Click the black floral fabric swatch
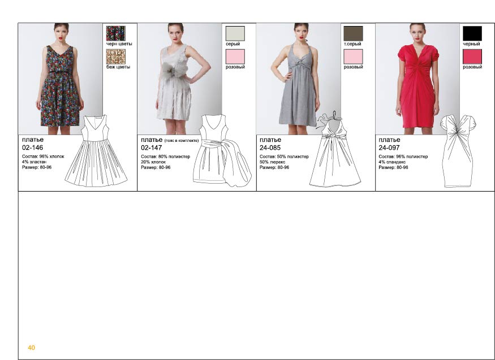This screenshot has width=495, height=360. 115,33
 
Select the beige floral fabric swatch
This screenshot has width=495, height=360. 115,57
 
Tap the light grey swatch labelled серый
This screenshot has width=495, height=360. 235,33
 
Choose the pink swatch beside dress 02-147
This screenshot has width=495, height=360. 235,57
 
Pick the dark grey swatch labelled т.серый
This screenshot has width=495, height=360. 353,33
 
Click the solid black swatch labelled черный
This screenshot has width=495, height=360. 472,33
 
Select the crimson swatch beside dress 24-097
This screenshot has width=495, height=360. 472,57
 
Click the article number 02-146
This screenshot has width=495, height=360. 32,148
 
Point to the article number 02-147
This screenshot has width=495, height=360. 152,148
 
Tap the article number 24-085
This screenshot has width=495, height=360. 270,148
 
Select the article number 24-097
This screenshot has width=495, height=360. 389,148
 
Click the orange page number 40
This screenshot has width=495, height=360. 31,348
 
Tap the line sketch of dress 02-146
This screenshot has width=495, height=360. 96,151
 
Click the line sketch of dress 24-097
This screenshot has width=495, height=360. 458,151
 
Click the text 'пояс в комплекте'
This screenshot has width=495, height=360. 182,141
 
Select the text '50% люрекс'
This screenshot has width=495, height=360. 273,162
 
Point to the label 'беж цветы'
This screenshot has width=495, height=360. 118,67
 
